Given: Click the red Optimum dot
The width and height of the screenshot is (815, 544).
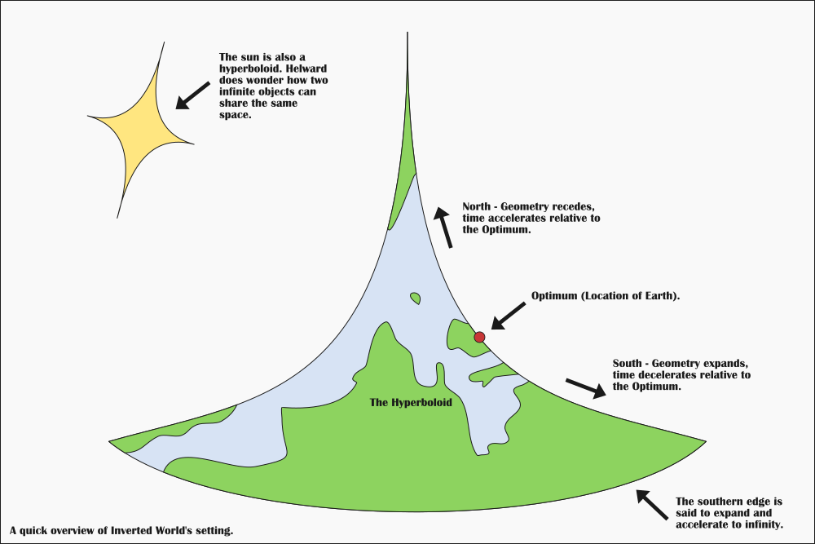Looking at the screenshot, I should (x=479, y=337).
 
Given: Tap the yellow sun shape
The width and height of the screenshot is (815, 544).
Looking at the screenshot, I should (x=139, y=128).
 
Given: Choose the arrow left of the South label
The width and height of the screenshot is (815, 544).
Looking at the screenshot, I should (x=585, y=387).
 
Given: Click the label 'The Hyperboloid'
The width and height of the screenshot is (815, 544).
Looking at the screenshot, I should (x=411, y=402).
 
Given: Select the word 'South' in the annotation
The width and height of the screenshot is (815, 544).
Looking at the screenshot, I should (x=630, y=363).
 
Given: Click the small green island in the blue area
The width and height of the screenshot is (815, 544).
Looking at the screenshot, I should (x=416, y=298).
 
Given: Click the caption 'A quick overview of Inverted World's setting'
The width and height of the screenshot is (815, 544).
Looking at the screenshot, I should (x=122, y=530).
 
